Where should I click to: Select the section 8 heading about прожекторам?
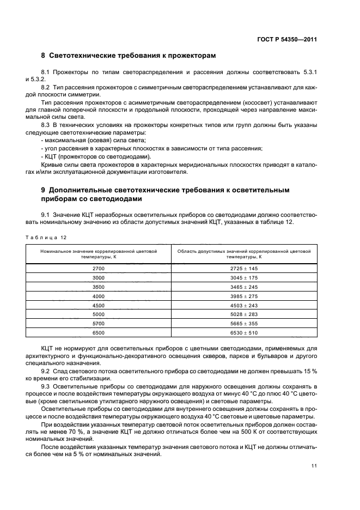pyautogui.click(x=129, y=56)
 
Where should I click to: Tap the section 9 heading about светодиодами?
pyautogui.click(x=165, y=194)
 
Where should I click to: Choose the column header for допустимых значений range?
pyautogui.click(x=244, y=253)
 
